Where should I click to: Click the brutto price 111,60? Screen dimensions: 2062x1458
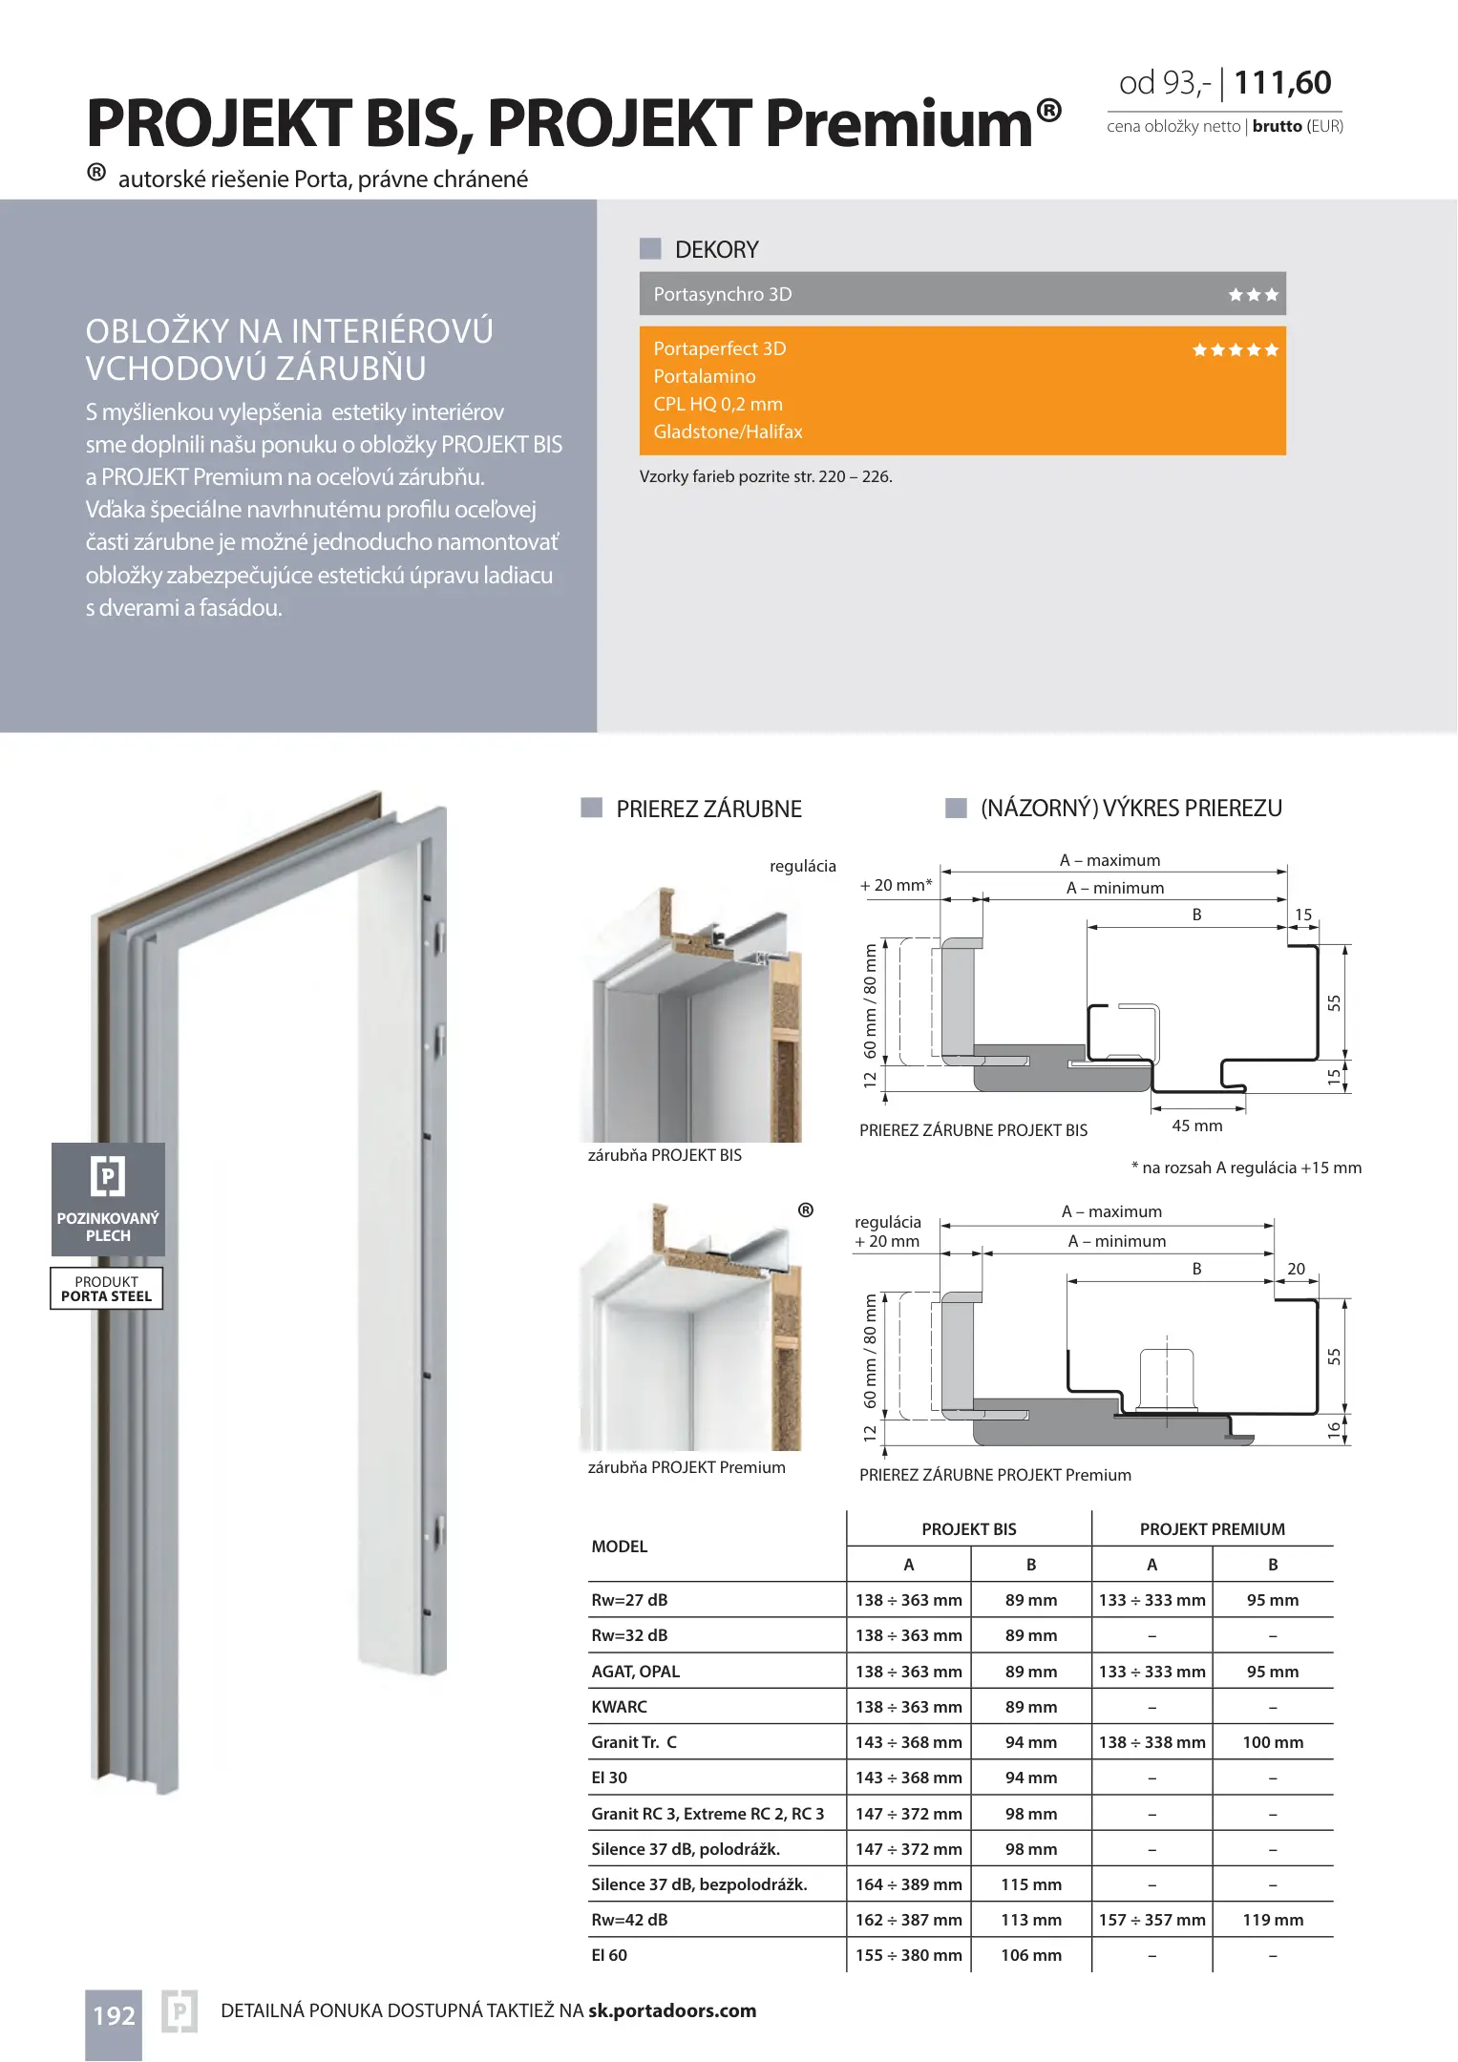pyautogui.click(x=1282, y=84)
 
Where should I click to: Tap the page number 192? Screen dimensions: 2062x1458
pyautogui.click(x=114, y=2015)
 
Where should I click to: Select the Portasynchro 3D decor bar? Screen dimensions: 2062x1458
pyautogui.click(x=961, y=294)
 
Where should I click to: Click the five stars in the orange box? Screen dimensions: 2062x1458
pyautogui.click(x=1235, y=350)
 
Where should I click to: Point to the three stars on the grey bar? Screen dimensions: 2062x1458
pyautogui.click(x=1253, y=295)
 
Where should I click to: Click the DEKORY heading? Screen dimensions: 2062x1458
pyautogui.click(x=716, y=250)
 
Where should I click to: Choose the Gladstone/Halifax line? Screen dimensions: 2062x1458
pyautogui.click(x=728, y=431)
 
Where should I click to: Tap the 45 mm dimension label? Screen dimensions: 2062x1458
pyautogui.click(x=1196, y=1126)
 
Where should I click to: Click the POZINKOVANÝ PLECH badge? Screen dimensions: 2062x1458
pyautogui.click(x=108, y=1199)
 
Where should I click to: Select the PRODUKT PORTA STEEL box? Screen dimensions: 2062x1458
pyautogui.click(x=107, y=1289)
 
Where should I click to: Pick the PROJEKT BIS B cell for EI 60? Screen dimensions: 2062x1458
pyautogui.click(x=1030, y=1955)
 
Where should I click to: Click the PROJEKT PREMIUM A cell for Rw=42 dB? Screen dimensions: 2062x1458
pyautogui.click(x=1152, y=1920)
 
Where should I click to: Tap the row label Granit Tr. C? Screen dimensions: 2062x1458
pyautogui.click(x=634, y=1742)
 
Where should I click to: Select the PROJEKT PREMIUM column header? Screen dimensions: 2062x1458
pyautogui.click(x=1212, y=1529)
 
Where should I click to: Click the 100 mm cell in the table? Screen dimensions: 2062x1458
pyautogui.click(x=1272, y=1742)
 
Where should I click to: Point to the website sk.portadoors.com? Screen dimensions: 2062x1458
pyautogui.click(x=672, y=2010)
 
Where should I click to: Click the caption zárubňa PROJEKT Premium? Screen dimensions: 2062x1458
pyautogui.click(x=687, y=1467)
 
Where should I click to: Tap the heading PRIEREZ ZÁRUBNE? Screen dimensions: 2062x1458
pyautogui.click(x=708, y=810)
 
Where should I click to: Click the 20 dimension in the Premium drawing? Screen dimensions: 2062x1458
pyautogui.click(x=1296, y=1269)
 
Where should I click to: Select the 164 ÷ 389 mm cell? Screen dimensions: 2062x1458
pyautogui.click(x=908, y=1884)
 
